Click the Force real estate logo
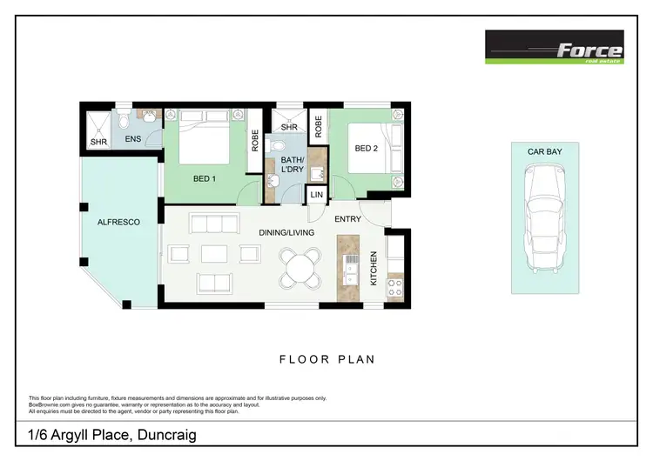(x=555, y=49)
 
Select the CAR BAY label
(x=543, y=151)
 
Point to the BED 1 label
(x=204, y=179)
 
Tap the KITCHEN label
(x=374, y=269)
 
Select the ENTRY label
(x=347, y=219)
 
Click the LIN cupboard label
(x=316, y=196)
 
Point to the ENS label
(x=132, y=138)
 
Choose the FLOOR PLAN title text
(x=326, y=357)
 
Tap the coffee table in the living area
(x=214, y=254)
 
